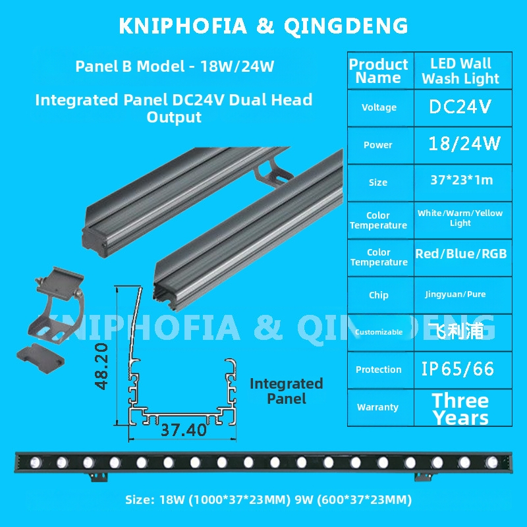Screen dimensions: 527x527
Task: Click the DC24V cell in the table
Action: point(460,107)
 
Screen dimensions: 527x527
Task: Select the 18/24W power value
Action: point(464,144)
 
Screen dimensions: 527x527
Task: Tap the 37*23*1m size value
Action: point(462,180)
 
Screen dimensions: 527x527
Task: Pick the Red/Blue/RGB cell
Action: point(460,254)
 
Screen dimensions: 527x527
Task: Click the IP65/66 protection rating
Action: point(457,369)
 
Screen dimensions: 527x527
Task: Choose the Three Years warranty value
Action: point(460,409)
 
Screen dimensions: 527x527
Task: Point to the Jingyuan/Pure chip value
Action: point(455,294)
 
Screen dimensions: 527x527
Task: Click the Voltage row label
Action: point(379,107)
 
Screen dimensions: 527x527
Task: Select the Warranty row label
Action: point(377,407)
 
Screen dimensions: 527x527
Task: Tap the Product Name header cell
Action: point(378,71)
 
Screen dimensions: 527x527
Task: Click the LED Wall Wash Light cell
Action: point(460,71)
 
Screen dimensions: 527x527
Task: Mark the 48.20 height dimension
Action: point(101,366)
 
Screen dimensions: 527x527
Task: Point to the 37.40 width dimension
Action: point(184,430)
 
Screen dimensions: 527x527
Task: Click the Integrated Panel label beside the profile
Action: point(287,391)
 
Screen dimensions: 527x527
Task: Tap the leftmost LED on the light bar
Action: point(36,462)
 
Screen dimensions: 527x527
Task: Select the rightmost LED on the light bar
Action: point(491,462)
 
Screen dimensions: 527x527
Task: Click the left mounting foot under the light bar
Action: point(99,477)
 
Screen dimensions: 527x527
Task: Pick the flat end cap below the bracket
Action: point(40,357)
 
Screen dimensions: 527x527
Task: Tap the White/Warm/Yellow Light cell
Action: point(460,218)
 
